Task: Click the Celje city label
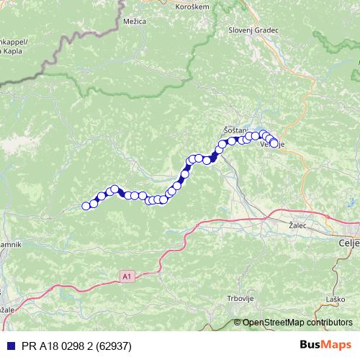(348, 245)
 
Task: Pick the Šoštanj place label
(235, 128)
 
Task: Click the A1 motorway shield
(127, 275)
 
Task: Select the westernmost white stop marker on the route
(86, 206)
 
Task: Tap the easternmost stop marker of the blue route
(274, 143)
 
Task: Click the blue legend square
(6, 345)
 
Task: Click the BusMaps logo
(326, 345)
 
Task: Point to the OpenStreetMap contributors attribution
(297, 323)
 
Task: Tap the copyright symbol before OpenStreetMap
(238, 323)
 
